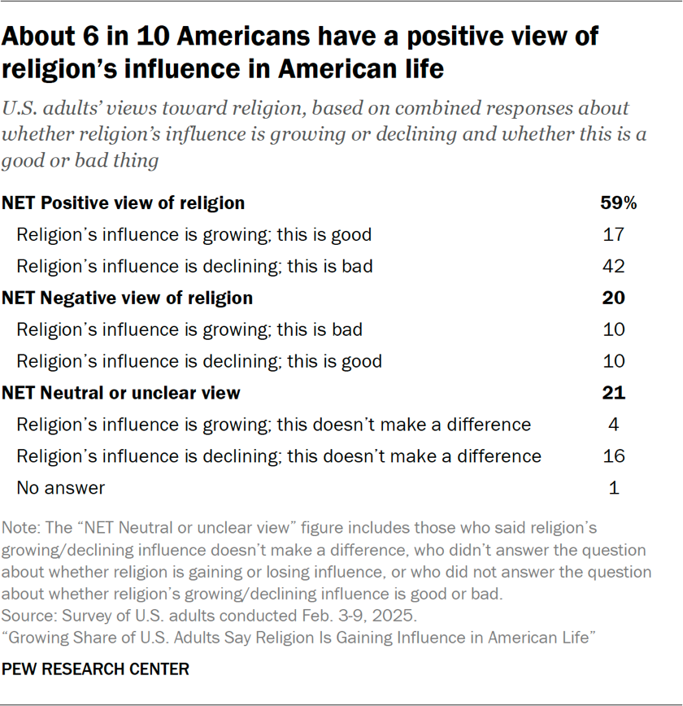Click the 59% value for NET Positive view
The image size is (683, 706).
(x=618, y=203)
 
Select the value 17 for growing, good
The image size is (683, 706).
(x=615, y=235)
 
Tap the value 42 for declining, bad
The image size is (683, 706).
(x=615, y=266)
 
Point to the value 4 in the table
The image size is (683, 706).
(x=615, y=425)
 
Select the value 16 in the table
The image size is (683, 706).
(x=615, y=456)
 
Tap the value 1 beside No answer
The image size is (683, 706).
(x=615, y=488)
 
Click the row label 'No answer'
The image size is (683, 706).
(x=61, y=488)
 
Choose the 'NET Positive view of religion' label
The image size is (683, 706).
(x=124, y=203)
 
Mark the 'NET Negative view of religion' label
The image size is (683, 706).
(x=128, y=298)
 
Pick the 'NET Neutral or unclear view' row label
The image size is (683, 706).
(x=121, y=393)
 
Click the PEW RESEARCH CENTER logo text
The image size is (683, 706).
(x=96, y=669)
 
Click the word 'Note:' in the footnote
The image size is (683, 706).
(x=20, y=527)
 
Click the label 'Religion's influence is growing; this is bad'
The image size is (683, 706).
(x=189, y=329)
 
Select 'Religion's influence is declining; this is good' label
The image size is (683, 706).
(x=199, y=361)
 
